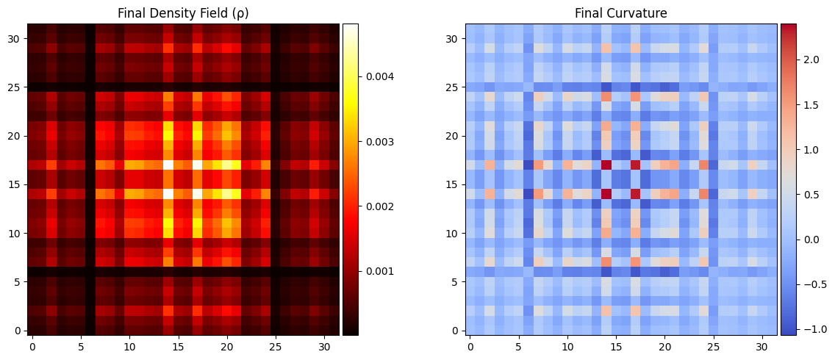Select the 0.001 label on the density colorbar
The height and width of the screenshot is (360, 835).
tap(377, 271)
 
